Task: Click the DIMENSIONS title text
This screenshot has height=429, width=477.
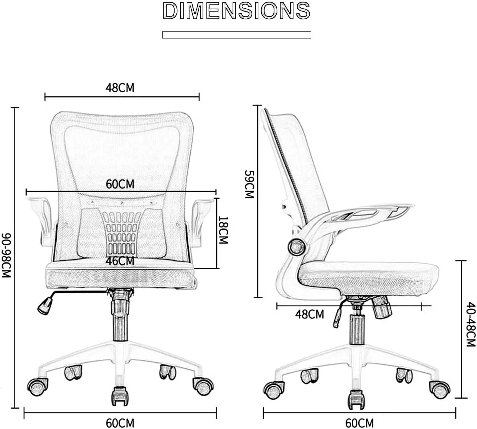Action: (x=237, y=10)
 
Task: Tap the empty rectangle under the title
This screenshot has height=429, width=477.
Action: (x=237, y=35)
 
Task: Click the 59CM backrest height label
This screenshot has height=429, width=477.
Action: (x=250, y=184)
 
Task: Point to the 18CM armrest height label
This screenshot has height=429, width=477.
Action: (x=223, y=230)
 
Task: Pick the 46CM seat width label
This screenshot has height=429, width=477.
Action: (x=120, y=261)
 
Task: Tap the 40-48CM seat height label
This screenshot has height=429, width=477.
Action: (x=471, y=324)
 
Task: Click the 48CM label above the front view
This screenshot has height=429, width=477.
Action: (x=120, y=88)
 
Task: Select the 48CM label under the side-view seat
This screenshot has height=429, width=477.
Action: (x=310, y=315)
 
